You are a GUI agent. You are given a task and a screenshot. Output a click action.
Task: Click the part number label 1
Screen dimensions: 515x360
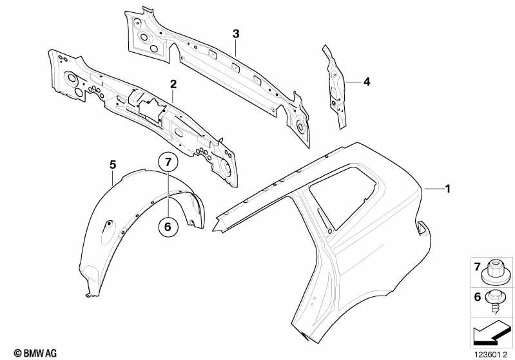click(x=449, y=189)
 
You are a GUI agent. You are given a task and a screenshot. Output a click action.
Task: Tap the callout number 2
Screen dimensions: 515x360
click(x=173, y=84)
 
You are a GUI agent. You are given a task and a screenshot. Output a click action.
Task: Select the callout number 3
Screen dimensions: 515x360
click(x=236, y=33)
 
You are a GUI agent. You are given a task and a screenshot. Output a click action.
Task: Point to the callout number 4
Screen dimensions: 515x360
click(x=366, y=82)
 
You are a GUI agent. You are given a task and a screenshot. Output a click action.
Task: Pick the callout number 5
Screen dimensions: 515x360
click(x=113, y=166)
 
